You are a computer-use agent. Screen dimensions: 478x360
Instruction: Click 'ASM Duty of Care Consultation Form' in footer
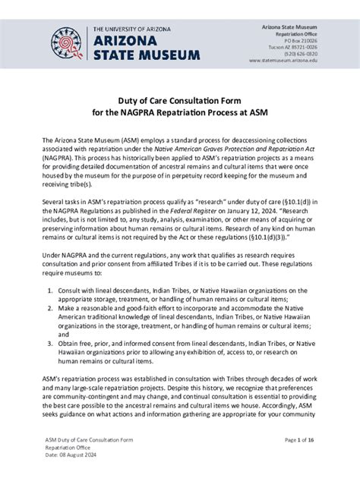[87, 440]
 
